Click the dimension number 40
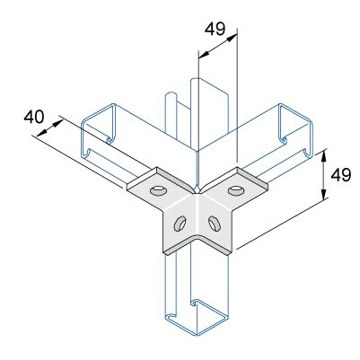34,117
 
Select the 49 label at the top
215,29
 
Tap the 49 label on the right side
340,175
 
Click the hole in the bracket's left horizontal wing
158,190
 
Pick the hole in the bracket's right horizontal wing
235,189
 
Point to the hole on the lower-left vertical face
180,224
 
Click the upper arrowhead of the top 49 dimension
233,38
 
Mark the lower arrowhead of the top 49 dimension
204,54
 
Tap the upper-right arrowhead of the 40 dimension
59,123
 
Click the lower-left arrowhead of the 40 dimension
41,135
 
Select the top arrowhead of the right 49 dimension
323,156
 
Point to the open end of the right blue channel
295,130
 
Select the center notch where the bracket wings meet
198,189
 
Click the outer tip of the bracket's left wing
127,187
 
